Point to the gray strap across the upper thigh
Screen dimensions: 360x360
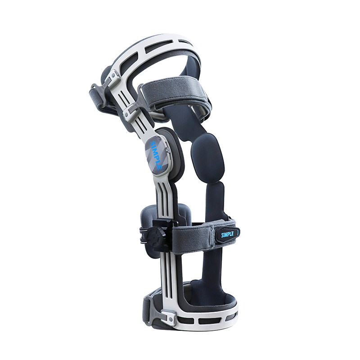pyautogui.click(x=175, y=94)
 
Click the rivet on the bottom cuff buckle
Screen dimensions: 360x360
pyautogui.click(x=171, y=319)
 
